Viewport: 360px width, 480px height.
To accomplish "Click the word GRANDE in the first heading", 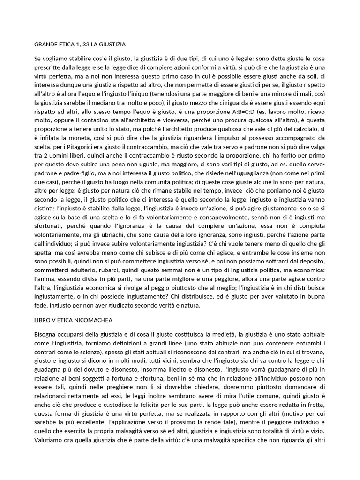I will [46, 45].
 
